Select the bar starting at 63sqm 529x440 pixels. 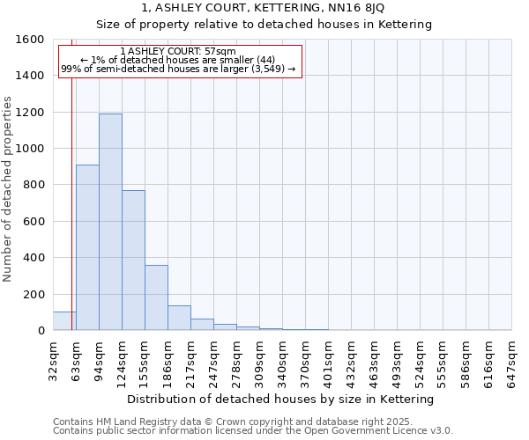point(87,247)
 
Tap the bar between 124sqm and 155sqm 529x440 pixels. point(133,260)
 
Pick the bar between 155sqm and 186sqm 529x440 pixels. point(156,297)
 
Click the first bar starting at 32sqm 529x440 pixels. point(64,321)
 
